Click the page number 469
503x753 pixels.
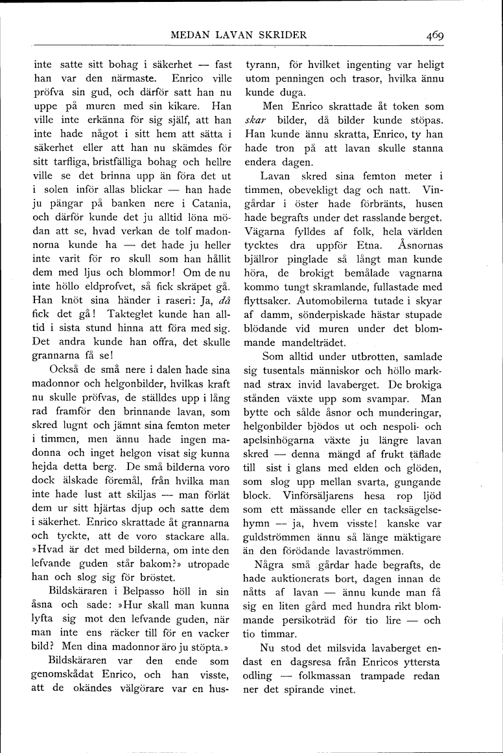coord(434,36)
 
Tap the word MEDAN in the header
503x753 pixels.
coord(188,36)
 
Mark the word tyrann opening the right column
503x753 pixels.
coord(260,65)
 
